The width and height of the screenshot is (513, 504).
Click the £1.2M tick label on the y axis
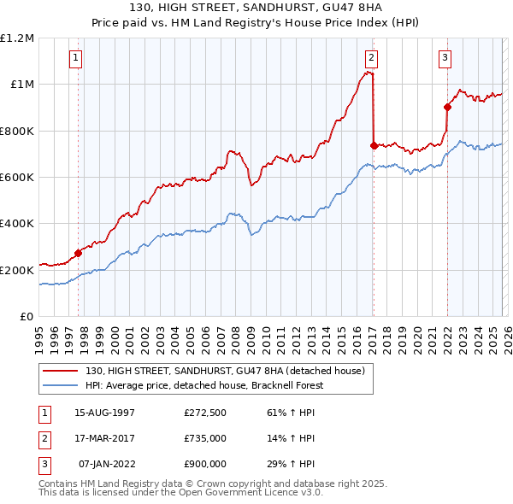point(17,38)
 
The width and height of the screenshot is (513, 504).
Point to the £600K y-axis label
point(17,178)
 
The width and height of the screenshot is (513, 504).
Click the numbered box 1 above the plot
point(77,58)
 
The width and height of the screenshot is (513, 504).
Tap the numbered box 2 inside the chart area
point(372,58)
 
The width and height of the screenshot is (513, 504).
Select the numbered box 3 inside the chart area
point(445,58)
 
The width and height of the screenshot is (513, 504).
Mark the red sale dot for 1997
point(78,253)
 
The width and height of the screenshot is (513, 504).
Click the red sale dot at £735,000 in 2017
point(374,145)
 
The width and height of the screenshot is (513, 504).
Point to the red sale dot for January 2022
point(446,107)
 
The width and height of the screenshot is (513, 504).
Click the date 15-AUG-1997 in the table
point(104,413)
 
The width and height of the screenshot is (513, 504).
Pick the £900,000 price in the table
point(204,464)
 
